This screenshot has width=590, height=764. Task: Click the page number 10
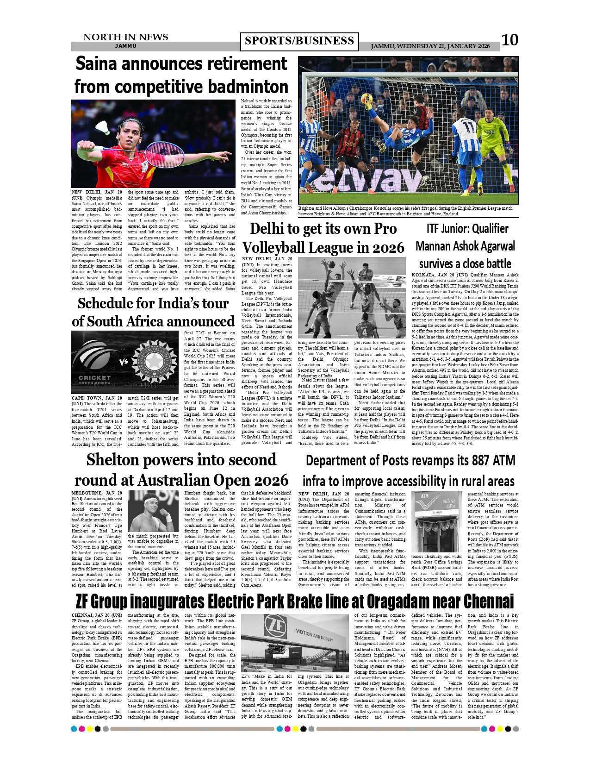click(510, 40)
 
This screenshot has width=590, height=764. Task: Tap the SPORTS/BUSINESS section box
click(299, 41)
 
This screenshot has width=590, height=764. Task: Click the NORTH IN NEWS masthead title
click(125, 37)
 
